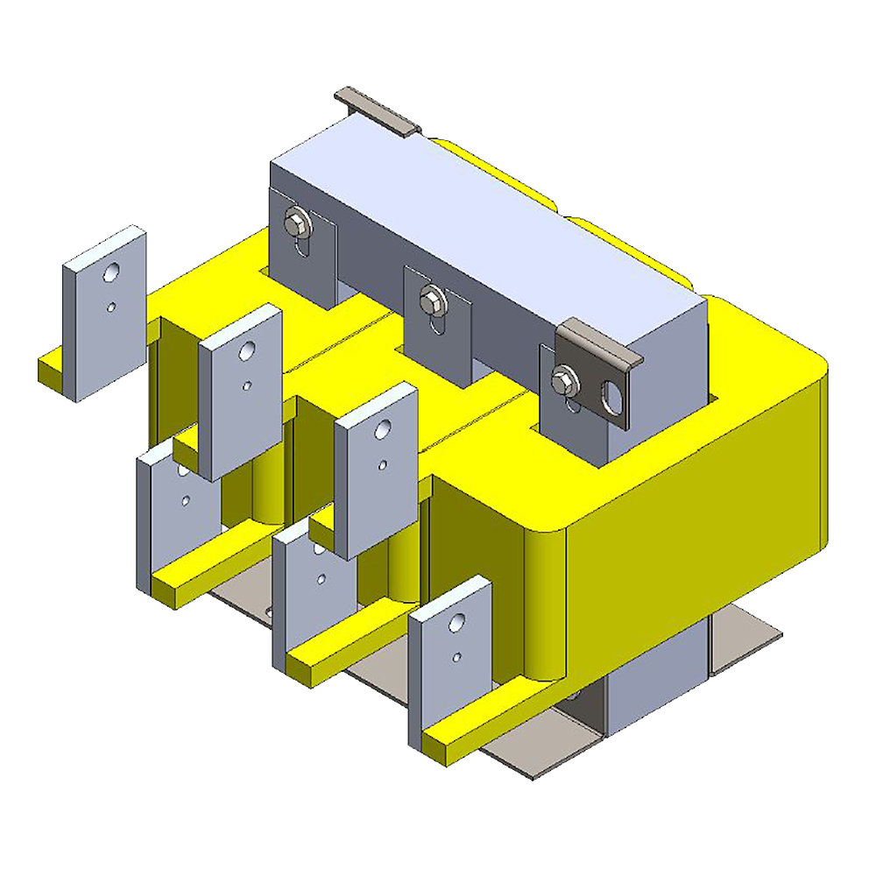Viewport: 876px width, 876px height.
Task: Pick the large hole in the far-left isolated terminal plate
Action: click(x=111, y=274)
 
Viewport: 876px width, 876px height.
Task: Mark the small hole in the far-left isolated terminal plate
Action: click(x=112, y=307)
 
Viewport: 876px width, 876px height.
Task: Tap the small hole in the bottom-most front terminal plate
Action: click(x=456, y=656)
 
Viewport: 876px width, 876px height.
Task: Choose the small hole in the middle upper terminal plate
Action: click(x=250, y=385)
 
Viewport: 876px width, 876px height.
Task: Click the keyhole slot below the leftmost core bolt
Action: click(x=301, y=250)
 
